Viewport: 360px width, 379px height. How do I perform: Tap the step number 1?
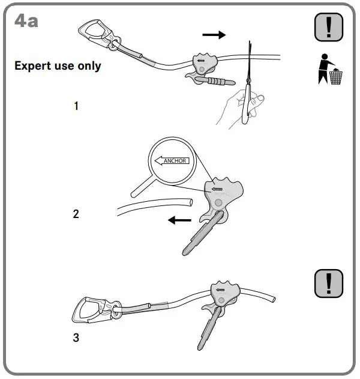point(76,106)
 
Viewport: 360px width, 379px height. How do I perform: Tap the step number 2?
point(76,213)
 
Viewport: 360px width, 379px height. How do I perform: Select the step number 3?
point(76,338)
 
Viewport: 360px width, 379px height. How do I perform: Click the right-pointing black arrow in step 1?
point(214,35)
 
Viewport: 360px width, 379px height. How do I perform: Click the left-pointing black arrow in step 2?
point(179,220)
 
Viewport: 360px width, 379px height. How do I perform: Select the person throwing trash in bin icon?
point(329,70)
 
